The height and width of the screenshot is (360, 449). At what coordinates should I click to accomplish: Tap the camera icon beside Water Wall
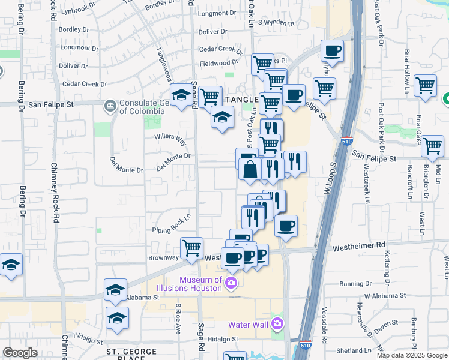[277, 325]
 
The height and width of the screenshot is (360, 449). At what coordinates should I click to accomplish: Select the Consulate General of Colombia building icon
[110, 106]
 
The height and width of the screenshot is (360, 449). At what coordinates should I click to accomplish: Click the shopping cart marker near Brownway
[192, 248]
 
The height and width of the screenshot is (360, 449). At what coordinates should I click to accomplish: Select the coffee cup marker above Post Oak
[332, 52]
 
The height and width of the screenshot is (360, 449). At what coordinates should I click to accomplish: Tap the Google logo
[20, 353]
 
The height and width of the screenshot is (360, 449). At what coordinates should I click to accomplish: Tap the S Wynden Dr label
[276, 23]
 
